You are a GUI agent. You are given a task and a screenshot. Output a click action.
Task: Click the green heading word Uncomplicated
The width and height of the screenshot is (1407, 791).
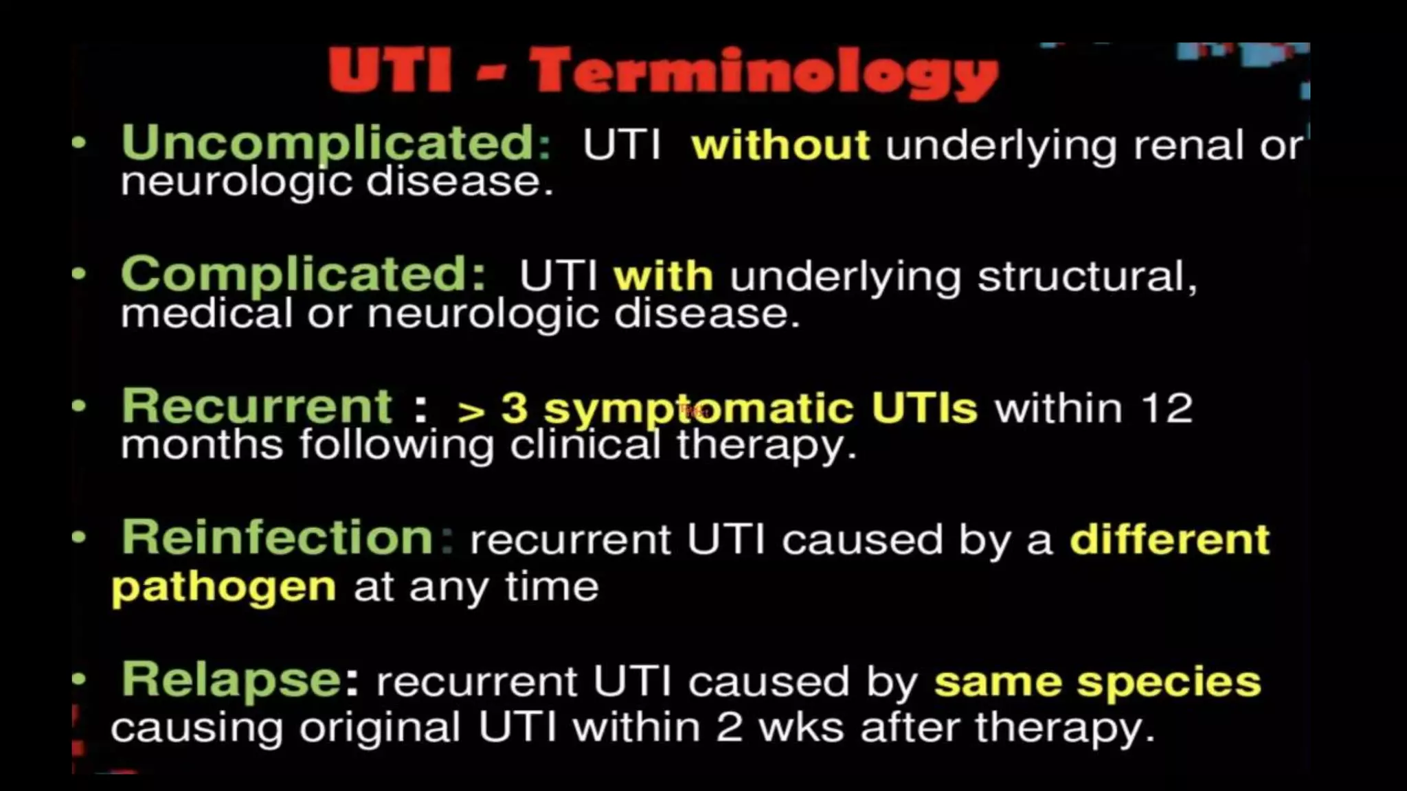click(335, 143)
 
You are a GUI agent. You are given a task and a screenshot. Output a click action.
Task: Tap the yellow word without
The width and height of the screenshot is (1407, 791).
click(780, 146)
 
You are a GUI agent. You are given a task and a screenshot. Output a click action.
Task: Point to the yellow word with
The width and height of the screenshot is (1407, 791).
click(663, 277)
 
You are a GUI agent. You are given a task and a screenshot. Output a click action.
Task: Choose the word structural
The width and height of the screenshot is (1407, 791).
click(1087, 277)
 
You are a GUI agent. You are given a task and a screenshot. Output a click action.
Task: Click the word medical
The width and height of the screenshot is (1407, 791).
click(206, 314)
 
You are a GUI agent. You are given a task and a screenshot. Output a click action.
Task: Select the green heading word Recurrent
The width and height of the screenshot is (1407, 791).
click(256, 406)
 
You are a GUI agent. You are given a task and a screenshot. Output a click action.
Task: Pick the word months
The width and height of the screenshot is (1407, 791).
click(201, 445)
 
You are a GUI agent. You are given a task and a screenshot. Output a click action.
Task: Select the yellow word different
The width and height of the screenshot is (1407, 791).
click(1169, 540)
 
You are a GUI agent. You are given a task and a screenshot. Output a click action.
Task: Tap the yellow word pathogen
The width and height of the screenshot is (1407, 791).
click(223, 588)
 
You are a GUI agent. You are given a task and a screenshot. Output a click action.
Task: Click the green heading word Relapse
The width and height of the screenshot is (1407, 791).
click(231, 679)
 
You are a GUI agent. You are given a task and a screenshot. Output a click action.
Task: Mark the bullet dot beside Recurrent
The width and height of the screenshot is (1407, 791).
click(80, 406)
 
